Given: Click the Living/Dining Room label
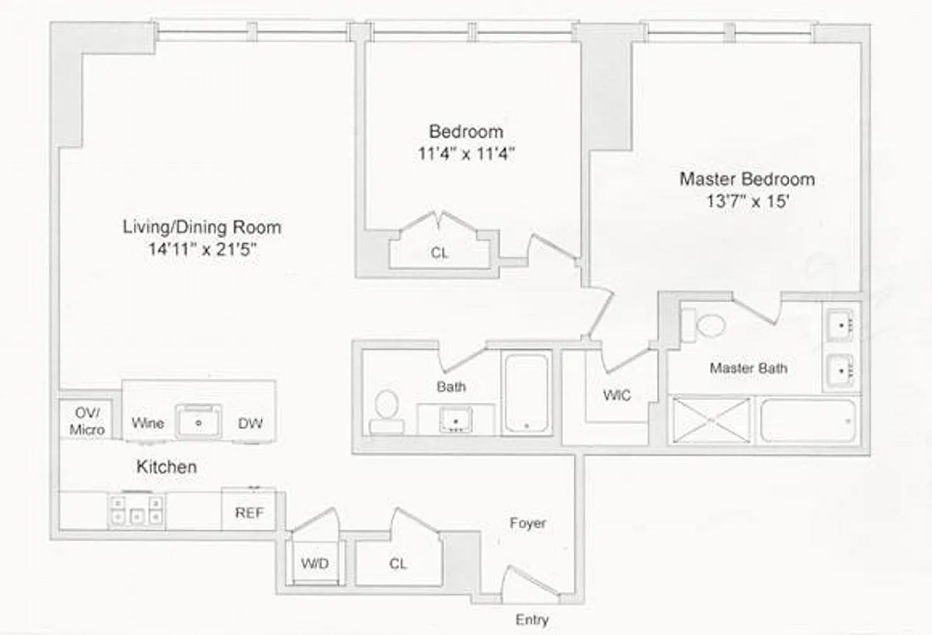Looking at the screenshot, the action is pos(202,227).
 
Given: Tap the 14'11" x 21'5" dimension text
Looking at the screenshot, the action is pos(202,249).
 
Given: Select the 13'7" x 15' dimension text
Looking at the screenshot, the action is pos(748,201).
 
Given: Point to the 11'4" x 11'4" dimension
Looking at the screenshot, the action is pos(466,154).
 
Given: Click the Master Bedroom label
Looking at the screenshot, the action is pos(747,179).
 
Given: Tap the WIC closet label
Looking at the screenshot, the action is pos(617,394).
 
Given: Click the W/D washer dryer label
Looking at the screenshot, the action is pos(315,564).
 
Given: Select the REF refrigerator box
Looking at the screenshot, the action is pos(249,511).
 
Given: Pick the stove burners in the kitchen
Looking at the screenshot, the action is pos(137,511).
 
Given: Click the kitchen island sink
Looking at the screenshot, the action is pos(198,422).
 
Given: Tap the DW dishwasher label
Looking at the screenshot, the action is pos(250,423).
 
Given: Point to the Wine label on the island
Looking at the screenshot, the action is pos(148,423).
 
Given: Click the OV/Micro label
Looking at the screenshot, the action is pos(87,421).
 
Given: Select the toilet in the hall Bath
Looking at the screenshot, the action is pos(387,411).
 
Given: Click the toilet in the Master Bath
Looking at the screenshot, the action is pos(703,325).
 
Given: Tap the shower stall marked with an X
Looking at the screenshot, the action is pos(711,420).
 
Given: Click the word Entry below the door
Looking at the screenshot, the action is pos(532,619).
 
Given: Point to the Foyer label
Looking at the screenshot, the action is pos(527,522).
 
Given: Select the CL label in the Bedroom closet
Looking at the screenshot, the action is pos(440,252).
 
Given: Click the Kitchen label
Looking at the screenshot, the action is pos(166,467).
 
